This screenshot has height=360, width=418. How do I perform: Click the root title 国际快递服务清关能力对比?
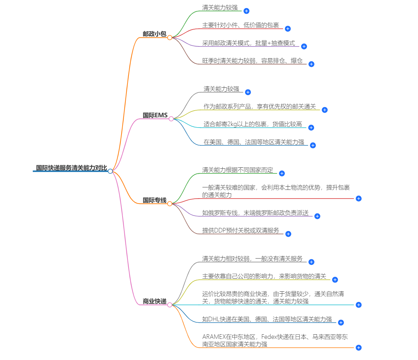[x=71, y=168]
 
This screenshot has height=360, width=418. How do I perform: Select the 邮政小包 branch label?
[x=154, y=34]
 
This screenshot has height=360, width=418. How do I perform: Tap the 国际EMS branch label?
[x=155, y=115]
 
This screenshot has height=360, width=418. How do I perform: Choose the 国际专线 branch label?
[x=154, y=200]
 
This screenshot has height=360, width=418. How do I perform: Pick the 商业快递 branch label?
[x=154, y=301]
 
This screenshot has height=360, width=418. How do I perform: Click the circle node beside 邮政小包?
[x=170, y=37]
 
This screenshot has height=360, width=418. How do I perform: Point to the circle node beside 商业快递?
[x=170, y=305]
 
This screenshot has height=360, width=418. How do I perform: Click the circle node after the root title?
[x=110, y=171]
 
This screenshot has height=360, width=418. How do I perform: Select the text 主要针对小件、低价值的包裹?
[x=241, y=25]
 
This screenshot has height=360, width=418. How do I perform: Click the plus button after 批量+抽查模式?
[x=304, y=46]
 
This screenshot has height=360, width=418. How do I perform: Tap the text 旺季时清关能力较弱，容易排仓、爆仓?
[x=252, y=61]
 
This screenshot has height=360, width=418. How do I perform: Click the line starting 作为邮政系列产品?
[x=260, y=106]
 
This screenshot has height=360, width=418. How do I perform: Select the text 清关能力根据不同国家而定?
[x=237, y=170]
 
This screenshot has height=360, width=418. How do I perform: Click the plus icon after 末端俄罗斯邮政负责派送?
[x=317, y=216]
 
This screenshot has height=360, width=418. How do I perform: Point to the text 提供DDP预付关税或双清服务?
[x=241, y=230]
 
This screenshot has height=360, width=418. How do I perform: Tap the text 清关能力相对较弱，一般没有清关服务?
[x=252, y=259]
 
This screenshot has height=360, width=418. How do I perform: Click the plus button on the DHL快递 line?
[x=341, y=323]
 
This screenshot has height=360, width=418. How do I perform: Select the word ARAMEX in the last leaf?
[x=214, y=337]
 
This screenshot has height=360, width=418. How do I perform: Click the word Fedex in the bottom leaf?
[x=269, y=337]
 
